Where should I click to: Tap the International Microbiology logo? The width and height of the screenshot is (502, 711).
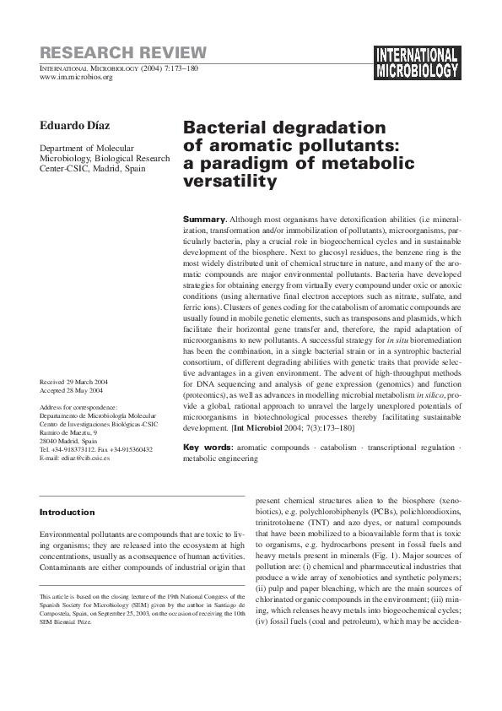point(418,60)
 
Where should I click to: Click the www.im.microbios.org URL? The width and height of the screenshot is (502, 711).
point(77,78)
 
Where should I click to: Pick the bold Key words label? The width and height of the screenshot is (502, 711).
point(208,446)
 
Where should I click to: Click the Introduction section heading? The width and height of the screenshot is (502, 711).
point(67,512)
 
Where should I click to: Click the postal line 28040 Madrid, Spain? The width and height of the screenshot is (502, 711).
point(68,441)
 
